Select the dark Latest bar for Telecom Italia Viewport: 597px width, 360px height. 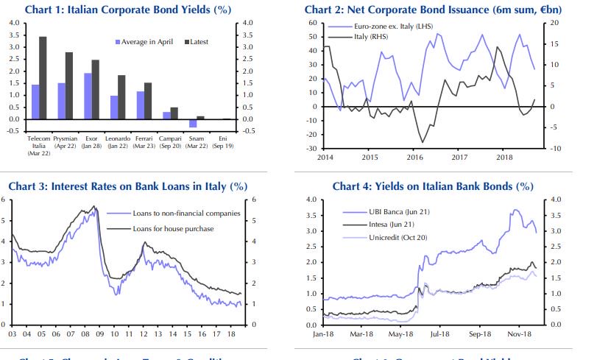click(43, 77)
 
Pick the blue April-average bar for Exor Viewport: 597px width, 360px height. click(88, 96)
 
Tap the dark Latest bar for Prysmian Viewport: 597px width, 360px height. click(69, 85)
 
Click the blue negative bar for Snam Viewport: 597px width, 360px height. click(193, 123)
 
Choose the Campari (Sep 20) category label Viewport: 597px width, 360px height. click(170, 142)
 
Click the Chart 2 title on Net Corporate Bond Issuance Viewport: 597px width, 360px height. click(431, 10)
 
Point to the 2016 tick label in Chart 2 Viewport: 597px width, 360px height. click(414, 158)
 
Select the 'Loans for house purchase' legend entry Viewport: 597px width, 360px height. click(173, 228)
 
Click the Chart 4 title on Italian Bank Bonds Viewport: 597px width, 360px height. click(432, 186)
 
